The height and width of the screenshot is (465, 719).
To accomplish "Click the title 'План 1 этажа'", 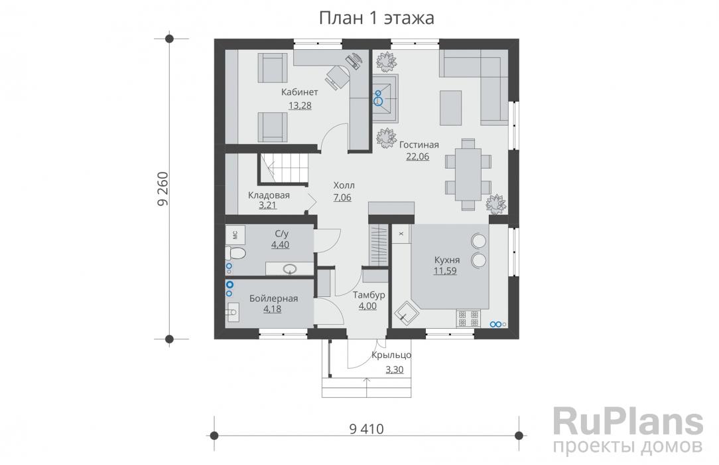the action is click(x=377, y=18).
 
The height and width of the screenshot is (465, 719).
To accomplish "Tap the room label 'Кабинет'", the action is click(x=299, y=92).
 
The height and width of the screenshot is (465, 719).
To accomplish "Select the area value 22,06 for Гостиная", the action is click(x=418, y=157).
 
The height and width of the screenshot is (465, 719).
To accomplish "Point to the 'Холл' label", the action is click(x=344, y=185).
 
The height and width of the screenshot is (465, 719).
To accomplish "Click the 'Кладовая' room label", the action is click(x=269, y=195).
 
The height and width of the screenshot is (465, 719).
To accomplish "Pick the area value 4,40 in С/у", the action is click(x=280, y=244).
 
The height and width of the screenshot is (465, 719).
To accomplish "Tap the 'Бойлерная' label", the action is click(x=274, y=298).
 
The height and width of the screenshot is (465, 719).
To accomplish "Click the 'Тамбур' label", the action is click(x=369, y=295).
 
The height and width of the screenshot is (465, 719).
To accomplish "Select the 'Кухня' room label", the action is click(x=447, y=260).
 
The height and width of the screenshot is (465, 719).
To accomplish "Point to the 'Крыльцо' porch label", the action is click(x=391, y=355).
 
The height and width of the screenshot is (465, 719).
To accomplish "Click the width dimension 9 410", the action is click(x=366, y=428).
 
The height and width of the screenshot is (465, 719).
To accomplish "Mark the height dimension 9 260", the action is click(x=163, y=189).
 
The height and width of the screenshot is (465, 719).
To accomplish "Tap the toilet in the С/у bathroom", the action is click(x=235, y=253).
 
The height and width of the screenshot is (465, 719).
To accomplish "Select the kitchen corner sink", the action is click(x=406, y=314).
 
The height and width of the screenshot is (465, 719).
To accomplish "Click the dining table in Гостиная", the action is click(x=468, y=174).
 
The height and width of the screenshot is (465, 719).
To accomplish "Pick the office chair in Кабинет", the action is click(x=337, y=76).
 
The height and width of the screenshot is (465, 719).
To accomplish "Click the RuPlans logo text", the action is click(x=627, y=421).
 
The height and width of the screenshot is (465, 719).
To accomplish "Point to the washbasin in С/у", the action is click(x=289, y=268).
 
